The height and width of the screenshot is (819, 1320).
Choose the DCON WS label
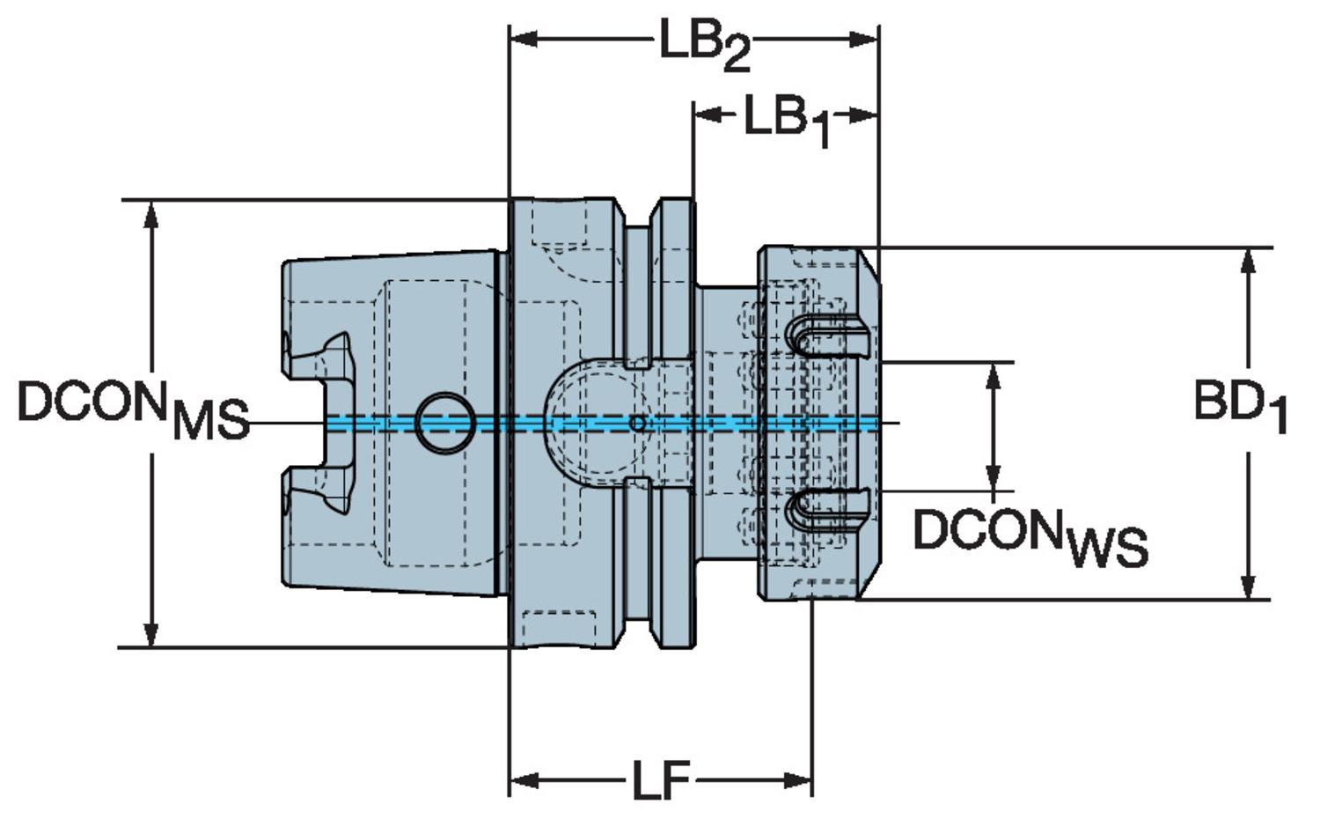point(1030,535)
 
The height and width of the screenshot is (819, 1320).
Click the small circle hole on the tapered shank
point(444,423)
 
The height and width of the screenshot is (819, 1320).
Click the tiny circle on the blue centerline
point(639,424)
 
